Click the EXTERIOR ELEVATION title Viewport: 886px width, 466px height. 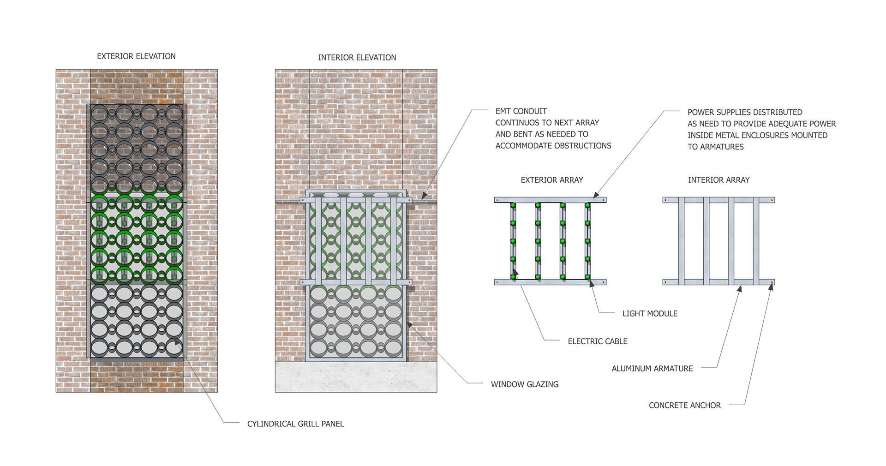coord(136,56)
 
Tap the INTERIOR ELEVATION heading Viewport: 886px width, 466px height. coord(357,58)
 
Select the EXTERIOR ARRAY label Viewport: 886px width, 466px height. coord(551,180)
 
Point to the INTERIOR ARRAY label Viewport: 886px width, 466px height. coord(718,180)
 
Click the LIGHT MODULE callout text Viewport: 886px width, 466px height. coord(650,314)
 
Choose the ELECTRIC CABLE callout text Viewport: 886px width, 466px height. coord(597,341)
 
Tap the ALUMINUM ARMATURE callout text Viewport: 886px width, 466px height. coord(652,369)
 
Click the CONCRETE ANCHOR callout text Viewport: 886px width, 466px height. coord(684,406)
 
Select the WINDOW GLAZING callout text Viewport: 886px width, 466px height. coord(524,384)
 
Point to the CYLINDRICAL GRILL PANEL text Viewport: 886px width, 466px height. coord(295,424)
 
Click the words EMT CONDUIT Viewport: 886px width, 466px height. coord(521,111)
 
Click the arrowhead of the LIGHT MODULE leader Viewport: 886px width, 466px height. coord(592,283)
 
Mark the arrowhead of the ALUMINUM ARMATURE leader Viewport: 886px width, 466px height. coord(740,289)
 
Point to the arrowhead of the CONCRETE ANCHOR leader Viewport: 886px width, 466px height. coord(771,286)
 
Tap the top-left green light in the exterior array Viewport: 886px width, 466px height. coord(513,205)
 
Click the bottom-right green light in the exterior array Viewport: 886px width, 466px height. coord(587,277)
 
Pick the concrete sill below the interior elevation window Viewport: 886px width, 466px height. coord(356,377)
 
